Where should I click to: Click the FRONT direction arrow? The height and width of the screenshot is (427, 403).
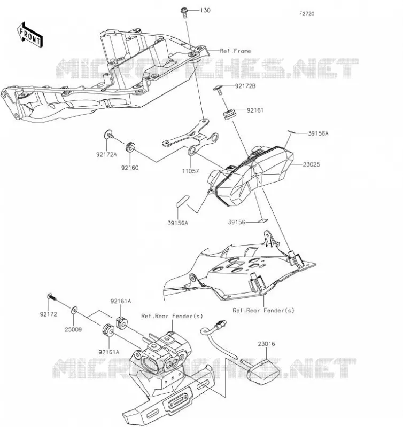click(x=30, y=35)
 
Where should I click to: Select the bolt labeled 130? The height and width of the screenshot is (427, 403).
click(x=184, y=13)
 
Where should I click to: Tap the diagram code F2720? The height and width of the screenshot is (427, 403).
click(x=307, y=14)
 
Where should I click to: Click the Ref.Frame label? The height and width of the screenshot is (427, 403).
click(x=235, y=51)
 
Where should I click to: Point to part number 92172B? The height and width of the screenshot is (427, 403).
click(x=245, y=86)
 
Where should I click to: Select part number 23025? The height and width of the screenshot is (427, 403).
click(x=311, y=164)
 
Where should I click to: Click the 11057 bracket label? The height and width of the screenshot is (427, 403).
click(x=190, y=171)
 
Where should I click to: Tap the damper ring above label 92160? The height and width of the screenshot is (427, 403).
click(x=130, y=146)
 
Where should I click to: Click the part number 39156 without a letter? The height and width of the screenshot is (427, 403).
click(x=236, y=222)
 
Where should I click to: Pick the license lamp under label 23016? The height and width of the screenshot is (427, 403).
click(x=263, y=372)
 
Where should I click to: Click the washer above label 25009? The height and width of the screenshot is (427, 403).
click(x=74, y=310)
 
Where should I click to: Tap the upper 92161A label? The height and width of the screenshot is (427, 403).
click(x=120, y=301)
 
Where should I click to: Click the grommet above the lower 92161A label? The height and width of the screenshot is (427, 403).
click(x=108, y=330)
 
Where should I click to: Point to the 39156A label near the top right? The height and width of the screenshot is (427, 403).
click(x=318, y=133)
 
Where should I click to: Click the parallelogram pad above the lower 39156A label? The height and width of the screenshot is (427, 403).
click(x=183, y=201)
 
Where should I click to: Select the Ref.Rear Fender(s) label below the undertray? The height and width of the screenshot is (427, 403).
click(x=263, y=310)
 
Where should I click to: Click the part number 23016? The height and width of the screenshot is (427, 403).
click(x=266, y=344)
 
